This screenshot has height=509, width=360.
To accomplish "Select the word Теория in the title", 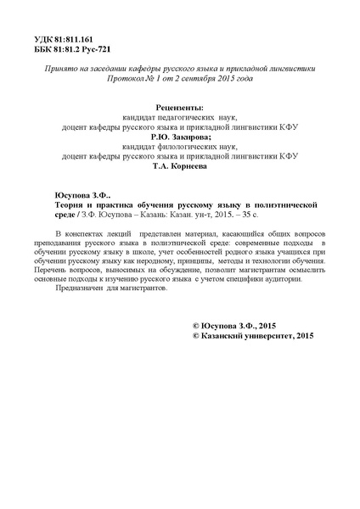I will tap(59, 206).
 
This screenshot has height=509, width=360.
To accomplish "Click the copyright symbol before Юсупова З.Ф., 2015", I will tap(197, 302).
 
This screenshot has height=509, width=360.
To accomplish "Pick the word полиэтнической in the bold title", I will tap(284, 206).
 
